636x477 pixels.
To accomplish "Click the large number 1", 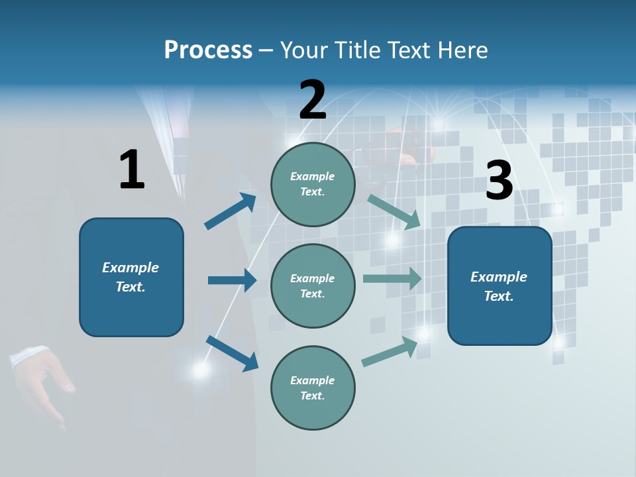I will click(x=132, y=170).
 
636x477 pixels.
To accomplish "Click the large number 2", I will click(x=313, y=100).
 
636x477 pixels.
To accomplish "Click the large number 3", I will click(x=499, y=181).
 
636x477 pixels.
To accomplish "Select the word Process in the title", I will click(x=208, y=50).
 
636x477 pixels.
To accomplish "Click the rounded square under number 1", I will click(x=131, y=277).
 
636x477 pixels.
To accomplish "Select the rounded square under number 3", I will click(x=500, y=286).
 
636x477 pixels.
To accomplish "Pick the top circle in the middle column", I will click(x=313, y=184).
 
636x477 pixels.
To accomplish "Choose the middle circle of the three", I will click(x=313, y=286).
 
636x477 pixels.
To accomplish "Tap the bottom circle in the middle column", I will click(x=313, y=388).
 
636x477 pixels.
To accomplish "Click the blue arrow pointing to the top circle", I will click(x=231, y=211).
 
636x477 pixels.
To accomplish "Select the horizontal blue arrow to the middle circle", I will click(x=232, y=280).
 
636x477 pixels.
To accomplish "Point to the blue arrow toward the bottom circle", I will click(x=232, y=352).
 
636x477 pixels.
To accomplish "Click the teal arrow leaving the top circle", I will click(x=394, y=212).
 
